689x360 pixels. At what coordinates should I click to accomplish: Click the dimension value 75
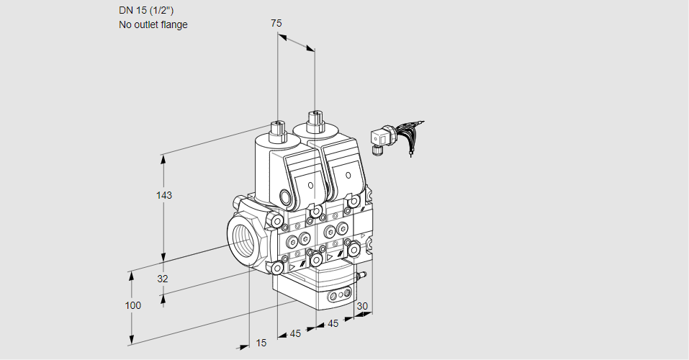tap(276, 23)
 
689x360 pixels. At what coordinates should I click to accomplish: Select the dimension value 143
tap(166, 194)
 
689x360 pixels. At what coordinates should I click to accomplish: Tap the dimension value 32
tap(162, 279)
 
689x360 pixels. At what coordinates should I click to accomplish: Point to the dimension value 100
tap(132, 305)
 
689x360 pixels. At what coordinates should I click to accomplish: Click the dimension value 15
tap(261, 343)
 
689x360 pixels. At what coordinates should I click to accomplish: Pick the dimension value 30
tap(362, 306)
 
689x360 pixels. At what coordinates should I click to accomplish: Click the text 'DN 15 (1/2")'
tap(146, 10)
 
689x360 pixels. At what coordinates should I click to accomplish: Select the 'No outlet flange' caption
tap(153, 24)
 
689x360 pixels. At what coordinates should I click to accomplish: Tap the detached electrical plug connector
tap(381, 138)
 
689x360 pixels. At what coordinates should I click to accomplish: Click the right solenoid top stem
tap(314, 120)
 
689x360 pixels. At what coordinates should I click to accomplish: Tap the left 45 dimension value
tap(295, 333)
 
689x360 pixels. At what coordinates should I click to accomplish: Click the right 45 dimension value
tap(333, 323)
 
